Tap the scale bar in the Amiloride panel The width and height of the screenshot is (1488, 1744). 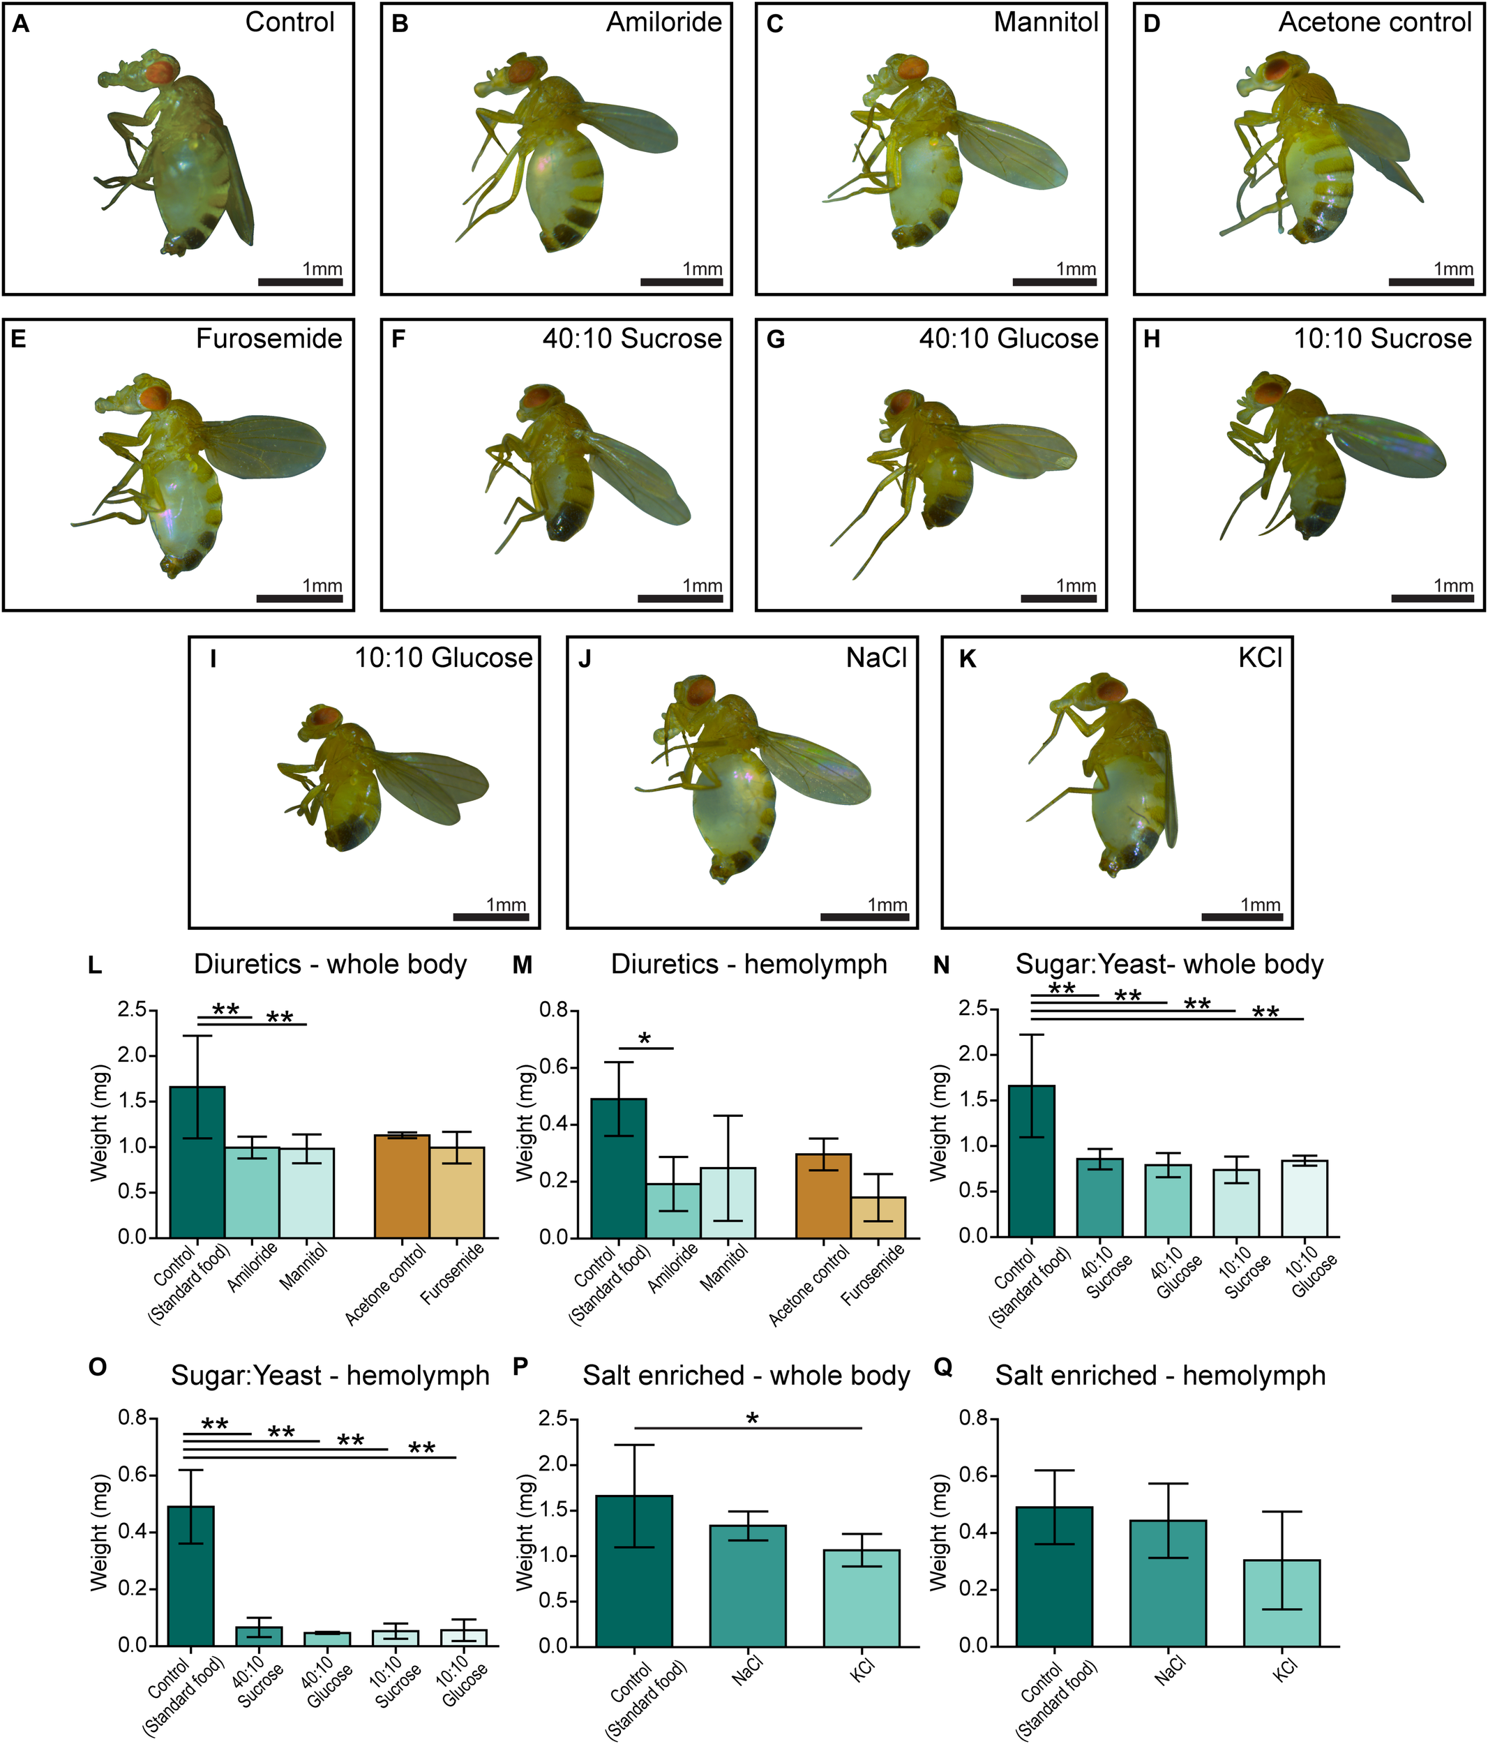682,282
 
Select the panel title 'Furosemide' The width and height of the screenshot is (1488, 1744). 269,339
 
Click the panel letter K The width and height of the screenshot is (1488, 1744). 968,659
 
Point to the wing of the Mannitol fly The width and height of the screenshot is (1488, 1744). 1014,151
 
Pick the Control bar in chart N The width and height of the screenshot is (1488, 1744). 1031,1161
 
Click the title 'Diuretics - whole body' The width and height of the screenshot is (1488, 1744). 330,965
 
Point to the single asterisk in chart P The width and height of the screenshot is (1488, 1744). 753,1420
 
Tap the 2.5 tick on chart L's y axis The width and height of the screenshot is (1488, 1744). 135,1010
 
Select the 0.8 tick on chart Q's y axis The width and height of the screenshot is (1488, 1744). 975,1418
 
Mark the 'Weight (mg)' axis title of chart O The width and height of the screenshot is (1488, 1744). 99,1532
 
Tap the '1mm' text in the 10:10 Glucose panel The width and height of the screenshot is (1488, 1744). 506,905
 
